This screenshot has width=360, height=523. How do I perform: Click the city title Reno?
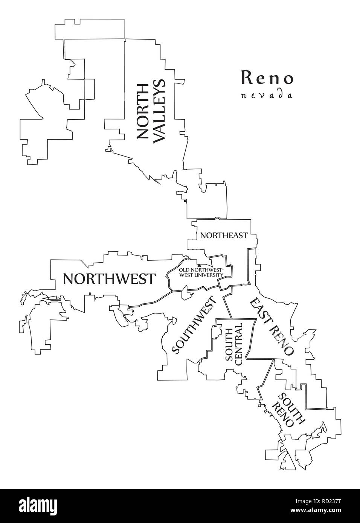point(267,78)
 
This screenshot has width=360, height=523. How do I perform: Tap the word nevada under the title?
point(267,95)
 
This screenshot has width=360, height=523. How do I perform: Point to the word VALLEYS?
point(160,111)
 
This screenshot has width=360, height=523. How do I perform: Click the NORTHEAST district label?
point(224,236)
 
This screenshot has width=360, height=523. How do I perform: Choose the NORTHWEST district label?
point(109,279)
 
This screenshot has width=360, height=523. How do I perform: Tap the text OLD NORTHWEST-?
point(201,270)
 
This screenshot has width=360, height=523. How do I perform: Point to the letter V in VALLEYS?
point(160,136)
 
